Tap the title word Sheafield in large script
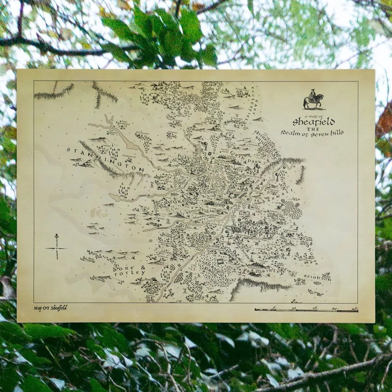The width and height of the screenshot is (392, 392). coord(314,121)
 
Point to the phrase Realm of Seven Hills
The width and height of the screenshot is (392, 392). coord(312,133)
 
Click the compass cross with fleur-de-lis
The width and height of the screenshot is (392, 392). coord(57,247)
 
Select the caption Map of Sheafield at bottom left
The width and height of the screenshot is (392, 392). coord(50,308)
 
